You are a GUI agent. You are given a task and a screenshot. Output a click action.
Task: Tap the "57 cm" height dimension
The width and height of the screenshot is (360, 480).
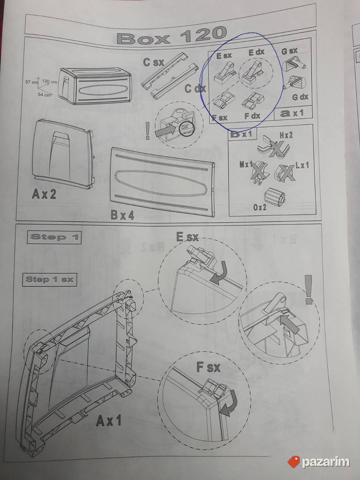[32, 82]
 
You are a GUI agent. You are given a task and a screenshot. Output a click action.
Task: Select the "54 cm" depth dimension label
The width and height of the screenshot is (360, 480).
[44, 95]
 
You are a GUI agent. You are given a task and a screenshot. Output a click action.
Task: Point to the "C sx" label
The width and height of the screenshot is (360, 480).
[154, 62]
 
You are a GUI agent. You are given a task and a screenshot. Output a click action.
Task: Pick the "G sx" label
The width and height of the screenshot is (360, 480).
[289, 51]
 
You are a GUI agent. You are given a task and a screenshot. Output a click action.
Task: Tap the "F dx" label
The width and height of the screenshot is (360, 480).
[252, 116]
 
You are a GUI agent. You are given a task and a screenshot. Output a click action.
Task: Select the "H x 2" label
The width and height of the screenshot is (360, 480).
[286, 135]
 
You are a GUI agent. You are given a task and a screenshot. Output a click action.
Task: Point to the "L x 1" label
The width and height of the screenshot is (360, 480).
[302, 166]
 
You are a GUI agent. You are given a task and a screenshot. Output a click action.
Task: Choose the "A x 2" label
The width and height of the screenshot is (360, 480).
[44, 194]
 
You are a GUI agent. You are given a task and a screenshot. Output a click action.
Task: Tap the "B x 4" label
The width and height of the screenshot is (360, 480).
[122, 215]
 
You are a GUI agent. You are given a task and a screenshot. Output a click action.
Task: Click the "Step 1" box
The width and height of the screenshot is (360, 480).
[54, 238]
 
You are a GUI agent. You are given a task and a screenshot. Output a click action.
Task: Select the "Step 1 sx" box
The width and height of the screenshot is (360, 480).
[50, 280]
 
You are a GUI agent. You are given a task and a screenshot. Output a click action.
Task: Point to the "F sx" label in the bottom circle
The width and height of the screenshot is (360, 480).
[208, 367]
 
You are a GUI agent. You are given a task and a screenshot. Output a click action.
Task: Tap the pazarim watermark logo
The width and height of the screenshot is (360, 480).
[318, 456]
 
